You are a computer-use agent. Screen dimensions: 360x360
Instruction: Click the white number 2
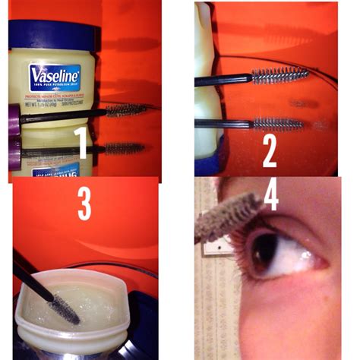point(270,150)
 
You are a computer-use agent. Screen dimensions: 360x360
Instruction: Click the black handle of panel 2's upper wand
point(224,80)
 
